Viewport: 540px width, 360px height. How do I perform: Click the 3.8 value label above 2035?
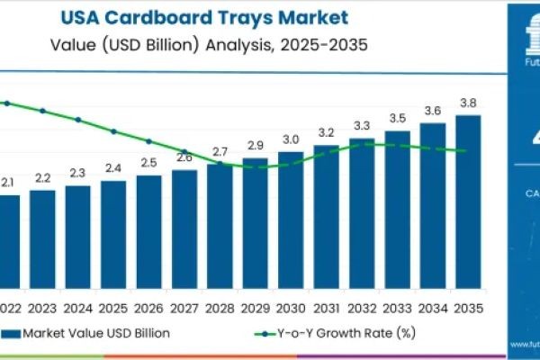pos(468,102)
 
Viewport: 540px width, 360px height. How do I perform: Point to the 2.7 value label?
pos(220,151)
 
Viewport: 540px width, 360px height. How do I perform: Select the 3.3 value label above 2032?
pos(362,125)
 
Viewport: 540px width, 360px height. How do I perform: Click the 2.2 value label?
pos(42,178)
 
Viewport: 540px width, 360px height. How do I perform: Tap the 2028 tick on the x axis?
pos(220,308)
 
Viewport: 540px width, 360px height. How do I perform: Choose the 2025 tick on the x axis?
pos(113,308)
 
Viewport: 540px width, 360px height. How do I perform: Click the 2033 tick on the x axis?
pos(397,308)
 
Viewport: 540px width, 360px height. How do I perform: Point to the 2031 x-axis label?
pos(326,308)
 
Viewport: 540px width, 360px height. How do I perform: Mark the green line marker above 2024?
pos(78,120)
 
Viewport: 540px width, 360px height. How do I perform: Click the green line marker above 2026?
pos(148,141)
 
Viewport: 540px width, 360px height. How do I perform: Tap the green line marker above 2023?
pos(42,111)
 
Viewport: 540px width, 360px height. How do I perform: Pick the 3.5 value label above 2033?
pos(397,118)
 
